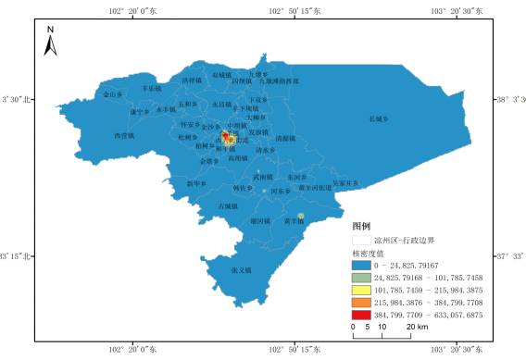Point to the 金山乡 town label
coord(112,93)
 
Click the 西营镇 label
coord(123,135)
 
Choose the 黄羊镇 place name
coord(294,221)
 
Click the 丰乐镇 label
coord(150,88)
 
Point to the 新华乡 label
coord(195,183)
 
